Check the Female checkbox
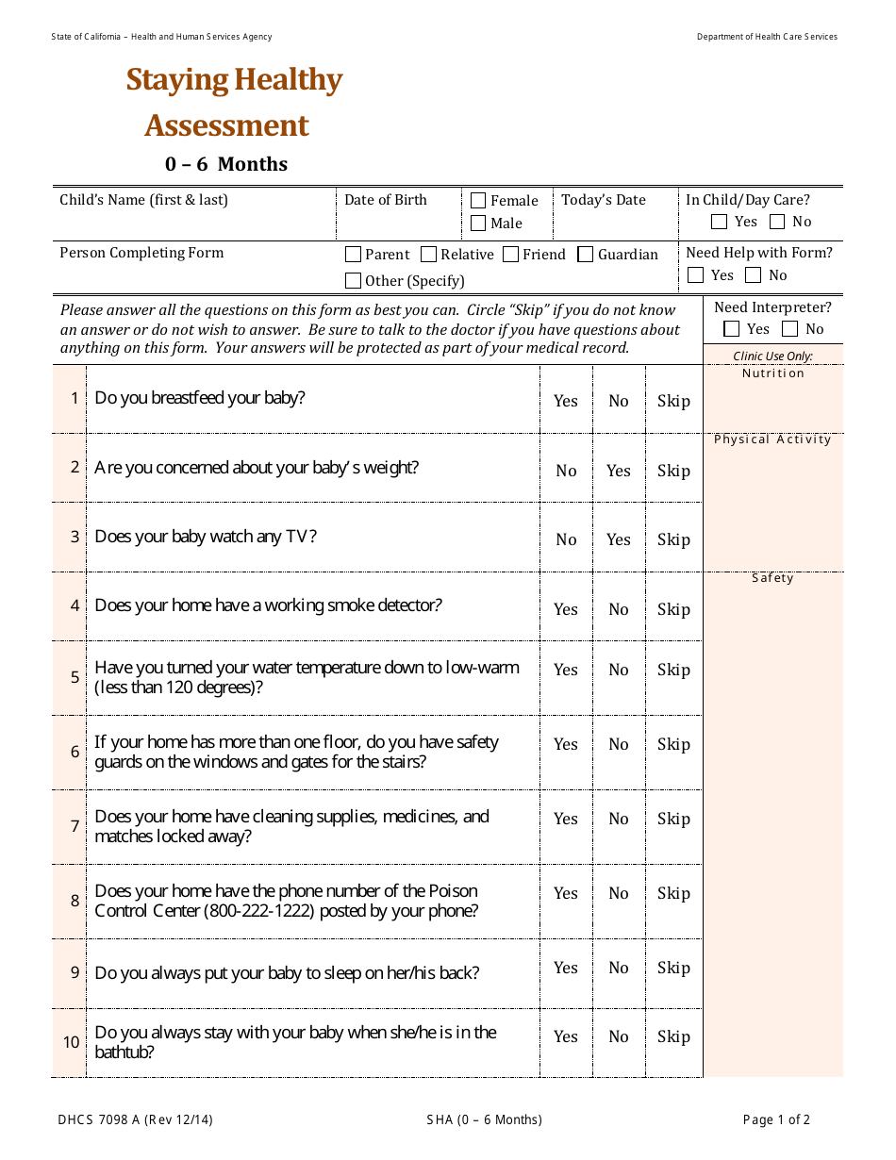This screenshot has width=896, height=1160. (x=478, y=201)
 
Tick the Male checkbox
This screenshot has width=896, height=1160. (x=478, y=224)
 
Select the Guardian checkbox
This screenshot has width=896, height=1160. (x=586, y=255)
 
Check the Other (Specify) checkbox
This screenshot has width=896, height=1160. (x=354, y=280)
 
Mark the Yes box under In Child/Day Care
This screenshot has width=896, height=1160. (x=720, y=223)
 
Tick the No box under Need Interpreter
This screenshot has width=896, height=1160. (x=790, y=329)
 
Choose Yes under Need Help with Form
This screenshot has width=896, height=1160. (x=696, y=275)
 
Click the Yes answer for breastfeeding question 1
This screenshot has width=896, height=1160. (x=566, y=401)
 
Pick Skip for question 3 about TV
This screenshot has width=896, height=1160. (x=673, y=539)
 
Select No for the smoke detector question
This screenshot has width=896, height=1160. (x=619, y=609)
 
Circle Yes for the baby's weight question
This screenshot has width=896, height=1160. (x=619, y=471)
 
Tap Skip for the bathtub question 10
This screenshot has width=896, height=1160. (x=673, y=1036)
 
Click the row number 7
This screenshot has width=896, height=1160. (x=75, y=826)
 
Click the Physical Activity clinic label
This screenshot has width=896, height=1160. (x=772, y=439)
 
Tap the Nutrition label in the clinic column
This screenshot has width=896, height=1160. (x=772, y=373)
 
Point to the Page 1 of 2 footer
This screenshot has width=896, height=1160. (x=776, y=1120)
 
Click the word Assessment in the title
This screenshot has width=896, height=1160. (x=226, y=125)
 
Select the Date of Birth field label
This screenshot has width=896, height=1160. (x=385, y=200)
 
